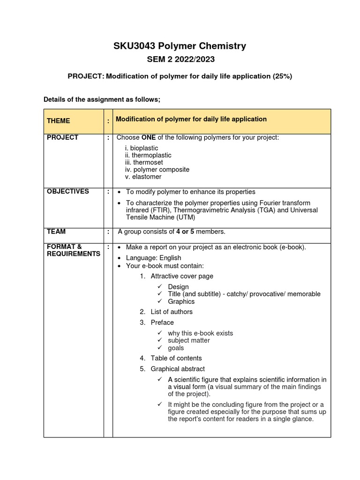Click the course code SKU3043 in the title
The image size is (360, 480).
pyautogui.click(x=134, y=46)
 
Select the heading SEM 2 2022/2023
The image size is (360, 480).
pyautogui.click(x=180, y=60)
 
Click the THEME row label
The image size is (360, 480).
pyautogui.click(x=59, y=121)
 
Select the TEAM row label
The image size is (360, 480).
pyautogui.click(x=56, y=232)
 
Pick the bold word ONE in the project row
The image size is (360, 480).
pyautogui.click(x=149, y=138)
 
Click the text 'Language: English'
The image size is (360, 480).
pyautogui.click(x=153, y=258)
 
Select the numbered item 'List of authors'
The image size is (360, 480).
pyautogui.click(x=171, y=312)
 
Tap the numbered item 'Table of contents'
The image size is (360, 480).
pyautogui.click(x=176, y=358)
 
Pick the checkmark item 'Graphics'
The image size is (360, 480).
pyautogui.click(x=181, y=301)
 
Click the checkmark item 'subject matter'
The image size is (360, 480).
pyautogui.click(x=189, y=340)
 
